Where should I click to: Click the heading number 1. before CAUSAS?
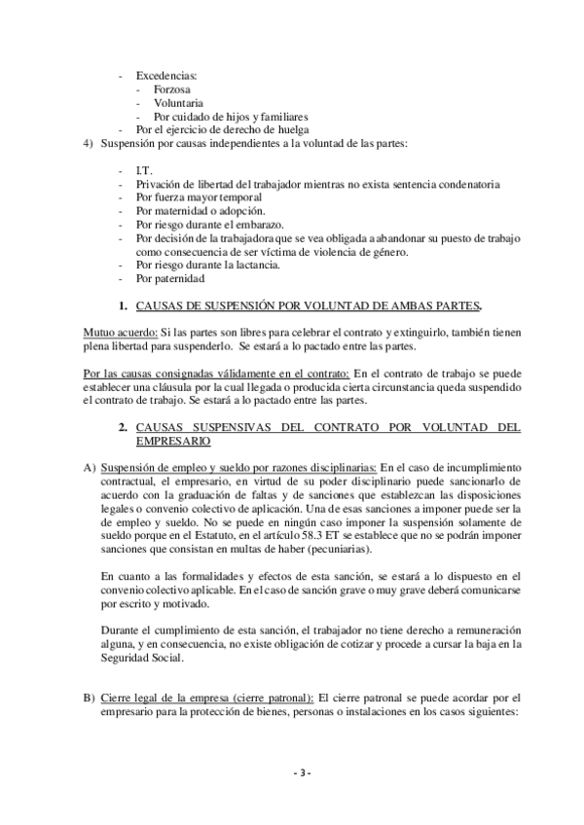123,306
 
